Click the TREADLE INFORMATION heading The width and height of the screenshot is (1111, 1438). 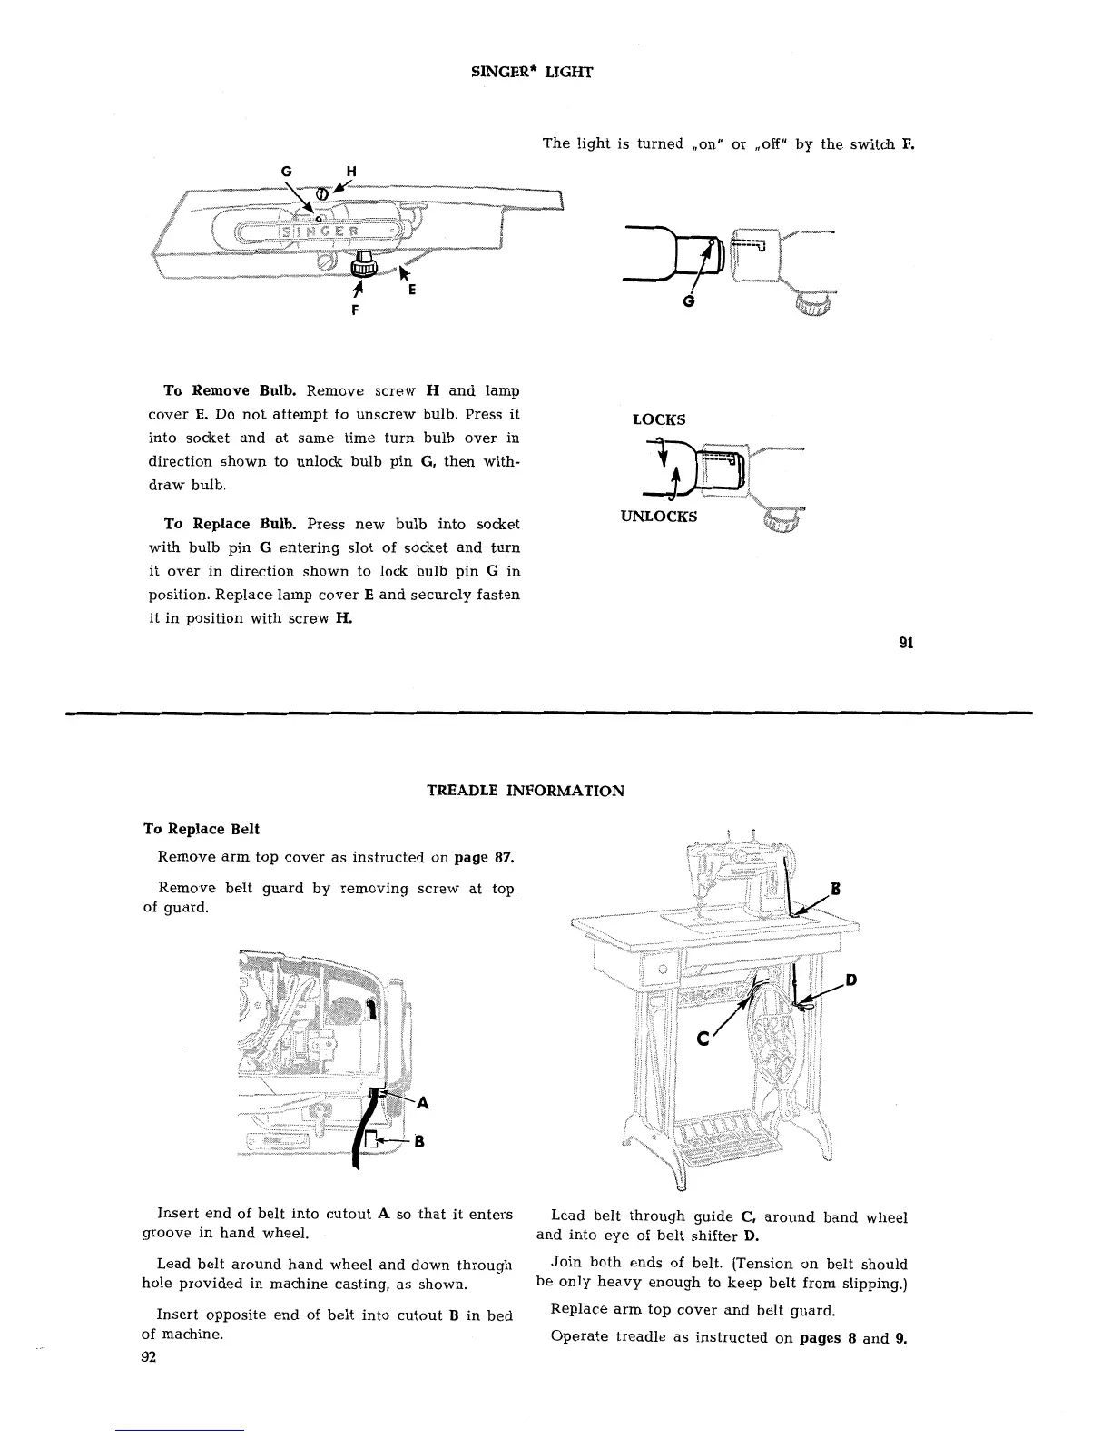pos(525,791)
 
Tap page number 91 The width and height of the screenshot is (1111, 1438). pos(905,643)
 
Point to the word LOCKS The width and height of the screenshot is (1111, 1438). pos(659,419)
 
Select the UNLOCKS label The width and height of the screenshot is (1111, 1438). pos(659,517)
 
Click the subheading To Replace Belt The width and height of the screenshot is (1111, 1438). pos(202,829)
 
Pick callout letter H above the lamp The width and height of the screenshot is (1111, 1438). pos(351,173)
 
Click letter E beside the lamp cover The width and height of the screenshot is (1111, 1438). pos(412,291)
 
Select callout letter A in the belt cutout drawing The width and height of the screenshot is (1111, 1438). pos(422,1104)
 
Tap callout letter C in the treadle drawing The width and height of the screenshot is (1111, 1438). pos(703,1039)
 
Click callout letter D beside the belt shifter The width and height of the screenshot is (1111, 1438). pos(851,980)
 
